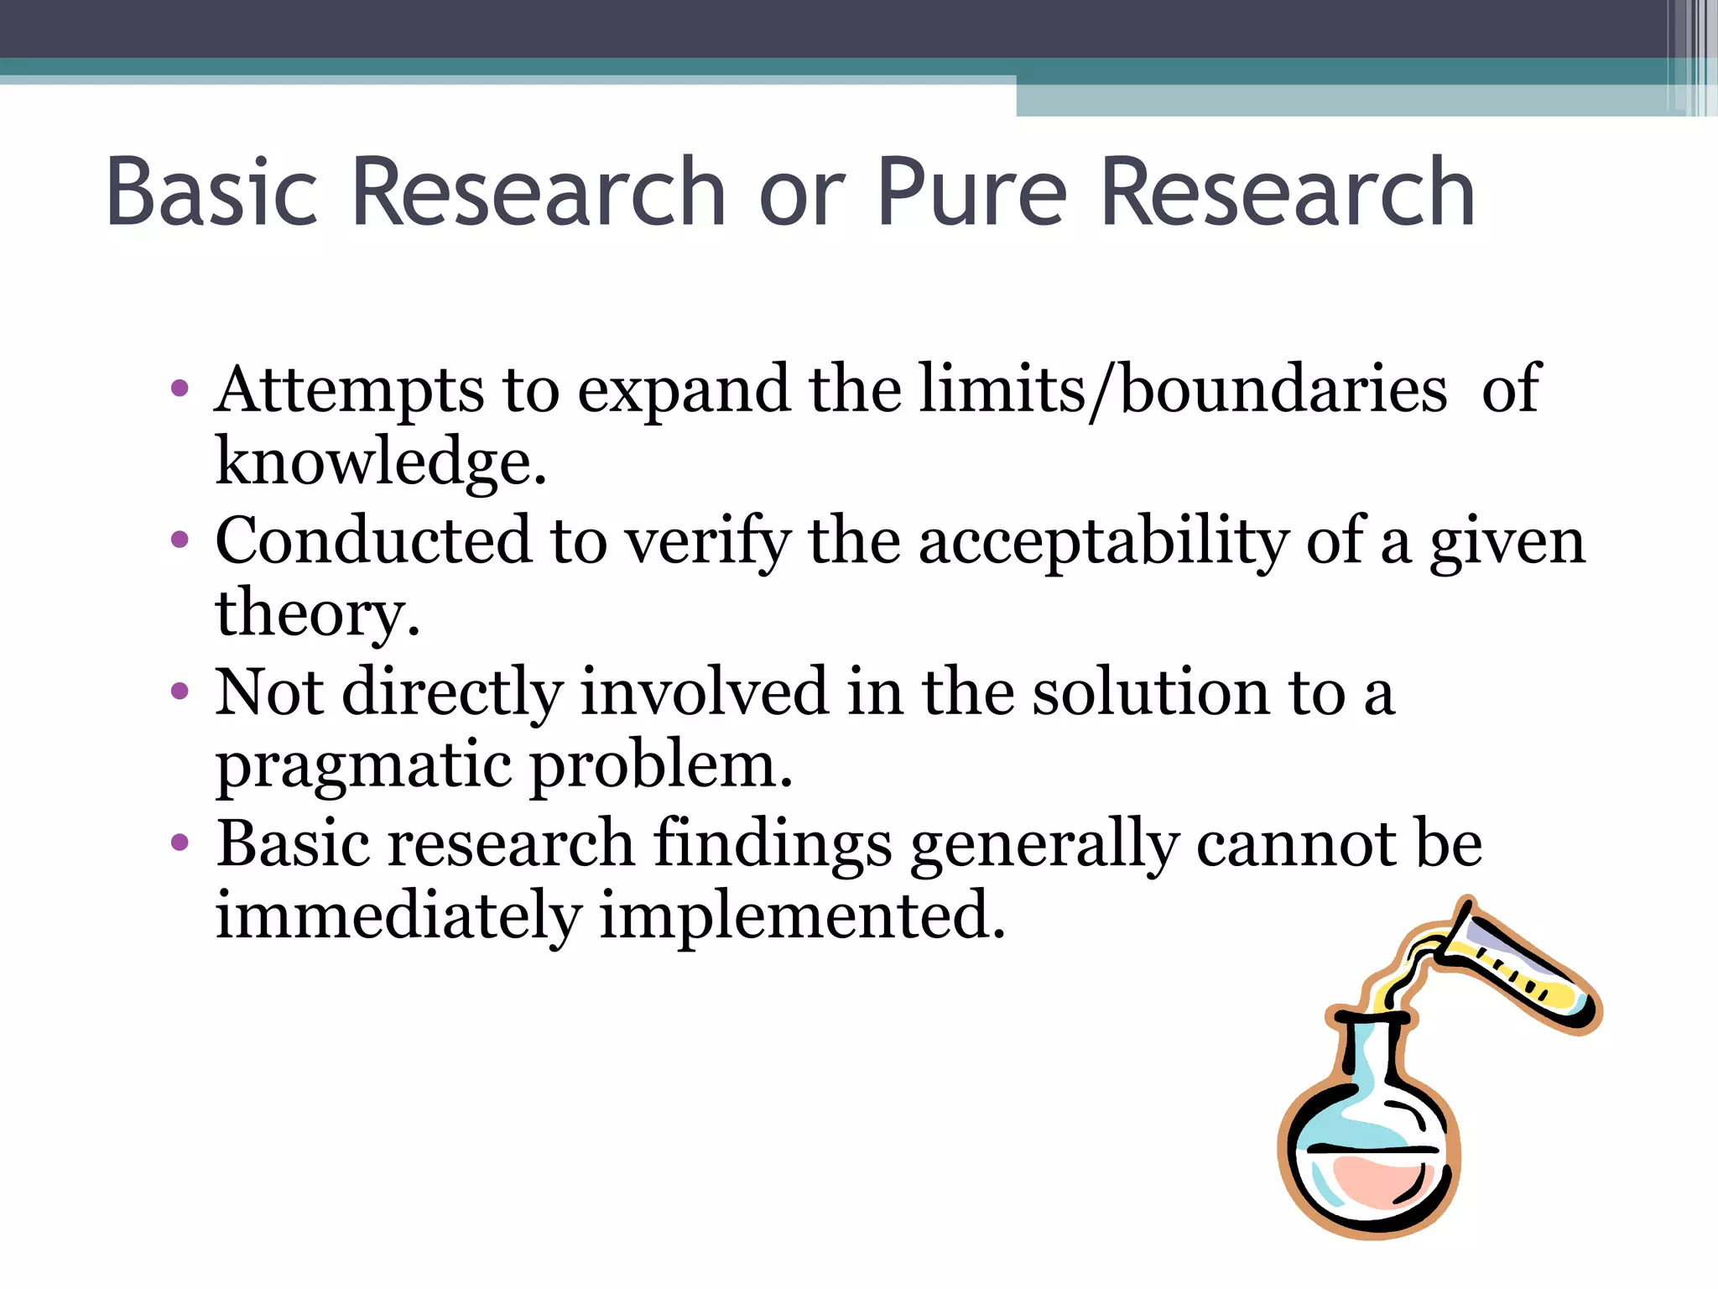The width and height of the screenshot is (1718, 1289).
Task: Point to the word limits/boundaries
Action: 1183,391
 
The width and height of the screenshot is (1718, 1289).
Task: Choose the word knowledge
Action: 380,463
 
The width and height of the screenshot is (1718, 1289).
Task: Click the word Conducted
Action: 373,541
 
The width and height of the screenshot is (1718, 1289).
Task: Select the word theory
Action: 316,614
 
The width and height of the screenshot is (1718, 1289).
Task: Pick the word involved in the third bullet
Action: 705,692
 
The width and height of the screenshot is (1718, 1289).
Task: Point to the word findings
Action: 773,843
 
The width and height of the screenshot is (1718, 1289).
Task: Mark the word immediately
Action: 398,916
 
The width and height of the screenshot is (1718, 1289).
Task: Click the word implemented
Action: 802,916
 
